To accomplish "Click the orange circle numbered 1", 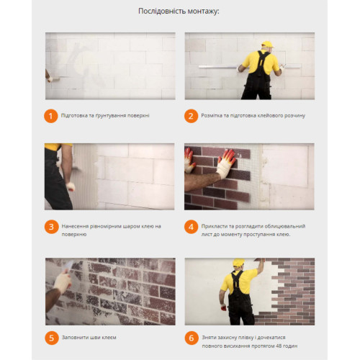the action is [50, 116].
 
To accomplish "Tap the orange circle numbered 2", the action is [191, 116].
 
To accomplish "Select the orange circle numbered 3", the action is [51, 227].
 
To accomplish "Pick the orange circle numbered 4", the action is [191, 227].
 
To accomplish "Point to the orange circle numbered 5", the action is [52, 338].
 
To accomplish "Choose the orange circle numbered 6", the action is [192, 338].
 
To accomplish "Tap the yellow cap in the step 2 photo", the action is [267, 44].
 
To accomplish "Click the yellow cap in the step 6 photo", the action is [238, 262].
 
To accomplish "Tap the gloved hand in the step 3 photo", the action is [71, 186].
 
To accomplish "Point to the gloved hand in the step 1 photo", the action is [50, 78].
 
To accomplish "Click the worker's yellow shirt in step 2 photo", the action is [261, 62].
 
